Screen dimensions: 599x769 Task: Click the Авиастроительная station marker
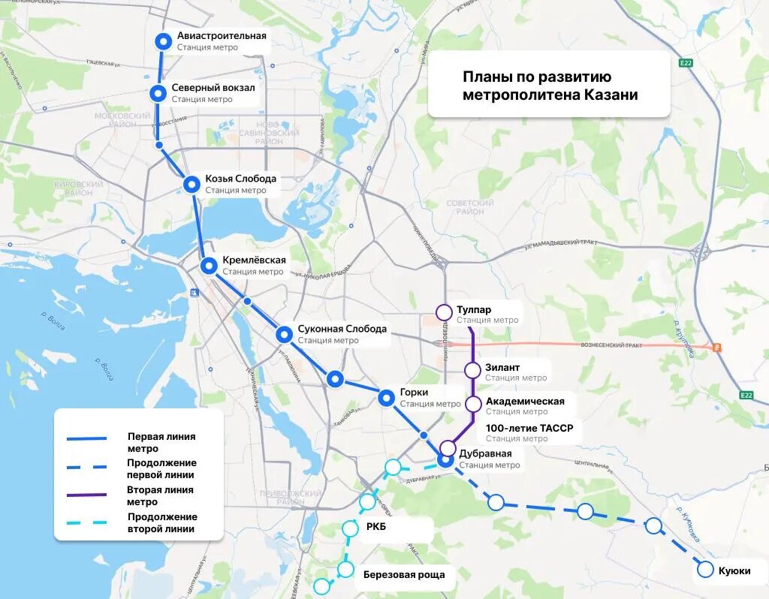tap(163, 41)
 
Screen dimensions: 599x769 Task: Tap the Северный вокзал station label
tap(213, 88)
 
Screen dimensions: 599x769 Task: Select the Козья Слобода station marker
tap(192, 184)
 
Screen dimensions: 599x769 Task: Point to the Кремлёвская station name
tap(254, 260)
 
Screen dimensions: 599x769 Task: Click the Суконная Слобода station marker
tap(284, 334)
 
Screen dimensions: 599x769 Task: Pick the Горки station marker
tap(387, 398)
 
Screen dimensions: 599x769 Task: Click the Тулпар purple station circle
tap(444, 312)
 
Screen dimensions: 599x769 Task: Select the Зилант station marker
tap(472, 369)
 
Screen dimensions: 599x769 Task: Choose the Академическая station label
tap(525, 401)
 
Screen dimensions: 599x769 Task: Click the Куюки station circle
tap(705, 570)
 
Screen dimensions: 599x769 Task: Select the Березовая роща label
tap(404, 575)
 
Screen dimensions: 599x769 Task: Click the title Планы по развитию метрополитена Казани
tap(549, 86)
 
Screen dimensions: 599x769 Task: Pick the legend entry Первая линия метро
tap(161, 442)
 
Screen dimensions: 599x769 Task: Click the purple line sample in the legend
tap(86, 495)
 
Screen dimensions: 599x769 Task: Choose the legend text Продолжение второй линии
tap(162, 522)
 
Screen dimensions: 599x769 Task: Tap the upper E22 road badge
tap(685, 63)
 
